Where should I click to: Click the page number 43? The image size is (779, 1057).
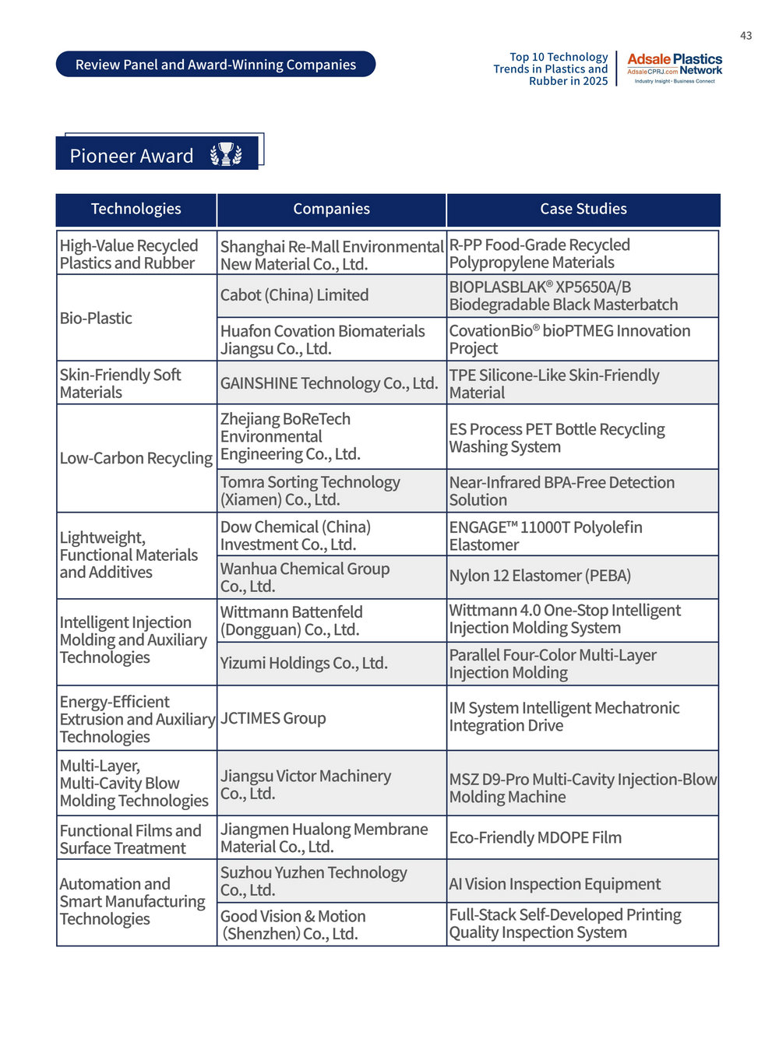tap(746, 36)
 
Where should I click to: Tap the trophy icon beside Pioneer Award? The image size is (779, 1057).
tap(226, 154)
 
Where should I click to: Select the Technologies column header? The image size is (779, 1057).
tap(136, 209)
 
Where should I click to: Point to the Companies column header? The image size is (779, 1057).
tap(331, 209)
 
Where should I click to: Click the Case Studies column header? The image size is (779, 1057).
tap(583, 209)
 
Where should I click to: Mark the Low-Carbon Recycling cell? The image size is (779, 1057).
tap(136, 458)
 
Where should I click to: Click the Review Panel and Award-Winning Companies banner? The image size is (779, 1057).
tap(215, 65)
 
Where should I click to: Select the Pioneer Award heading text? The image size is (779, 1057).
tap(132, 156)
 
